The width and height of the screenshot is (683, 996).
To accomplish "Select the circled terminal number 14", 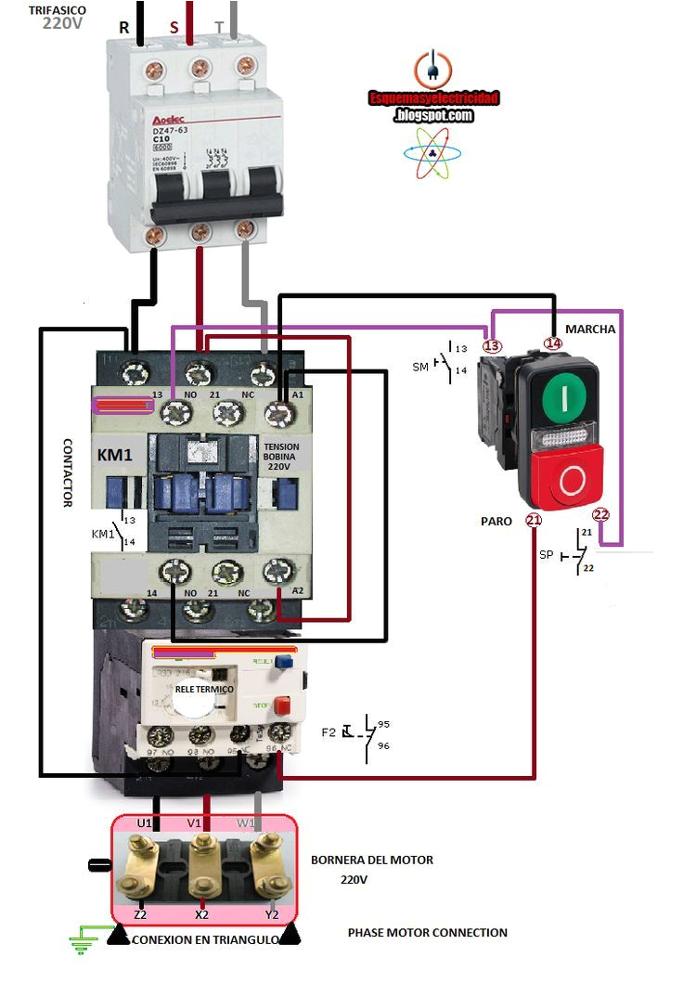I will pyautogui.click(x=553, y=343).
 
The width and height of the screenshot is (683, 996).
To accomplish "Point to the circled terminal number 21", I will pyautogui.click(x=534, y=520).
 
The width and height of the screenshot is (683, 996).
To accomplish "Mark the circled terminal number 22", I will pyautogui.click(x=600, y=515).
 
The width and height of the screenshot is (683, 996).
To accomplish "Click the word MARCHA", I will pyautogui.click(x=590, y=329).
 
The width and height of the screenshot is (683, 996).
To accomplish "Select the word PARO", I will pyautogui.click(x=496, y=522).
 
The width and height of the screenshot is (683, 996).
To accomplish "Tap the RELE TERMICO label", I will pyautogui.click(x=205, y=690).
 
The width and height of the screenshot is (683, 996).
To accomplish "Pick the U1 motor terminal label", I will pyautogui.click(x=144, y=822).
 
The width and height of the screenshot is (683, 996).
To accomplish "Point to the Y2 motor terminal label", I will pyautogui.click(x=272, y=915).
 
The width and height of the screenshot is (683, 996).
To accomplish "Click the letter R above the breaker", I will pyautogui.click(x=123, y=28).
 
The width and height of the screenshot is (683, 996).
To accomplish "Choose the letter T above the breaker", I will pyautogui.click(x=219, y=28).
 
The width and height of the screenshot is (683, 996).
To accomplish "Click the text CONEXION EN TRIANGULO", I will pyautogui.click(x=205, y=939).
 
